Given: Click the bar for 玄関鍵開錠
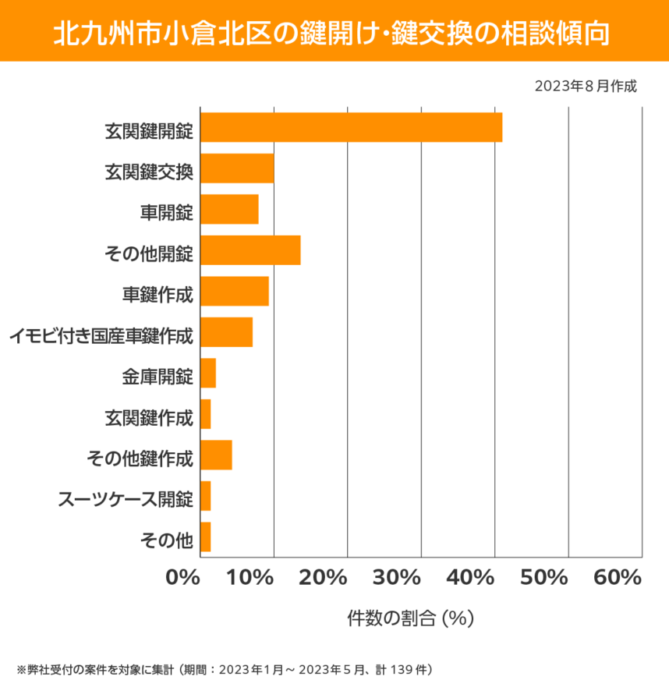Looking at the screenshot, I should coord(351,128).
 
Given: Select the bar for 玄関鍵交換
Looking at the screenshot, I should coord(237,168).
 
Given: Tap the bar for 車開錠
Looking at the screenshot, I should coord(229,210).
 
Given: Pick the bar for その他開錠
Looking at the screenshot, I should coord(250,250).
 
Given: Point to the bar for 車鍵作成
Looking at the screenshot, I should coord(235,291).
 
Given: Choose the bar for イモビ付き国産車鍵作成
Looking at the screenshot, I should coord(226,332).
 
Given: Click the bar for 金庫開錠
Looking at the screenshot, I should coord(208,374).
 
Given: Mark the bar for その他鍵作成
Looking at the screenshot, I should coord(216,455).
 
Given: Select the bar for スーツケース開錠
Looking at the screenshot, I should coord(206,496).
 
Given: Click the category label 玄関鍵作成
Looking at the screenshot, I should coord(149,415).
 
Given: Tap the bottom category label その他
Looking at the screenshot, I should coord(165,537).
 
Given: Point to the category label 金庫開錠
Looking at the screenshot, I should coord(158,374).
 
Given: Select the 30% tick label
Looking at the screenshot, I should coord(397,578).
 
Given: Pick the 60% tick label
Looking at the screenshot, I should coord(617,578).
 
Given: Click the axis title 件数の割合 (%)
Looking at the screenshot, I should coord(411,618).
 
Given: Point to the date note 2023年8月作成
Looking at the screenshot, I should coord(586,86).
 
